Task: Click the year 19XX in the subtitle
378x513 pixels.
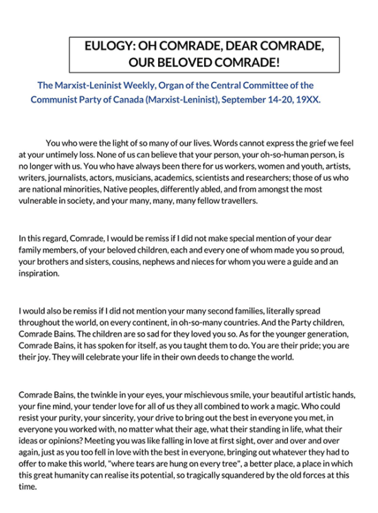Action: coord(307,99)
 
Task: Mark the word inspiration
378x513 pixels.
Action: coord(39,272)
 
